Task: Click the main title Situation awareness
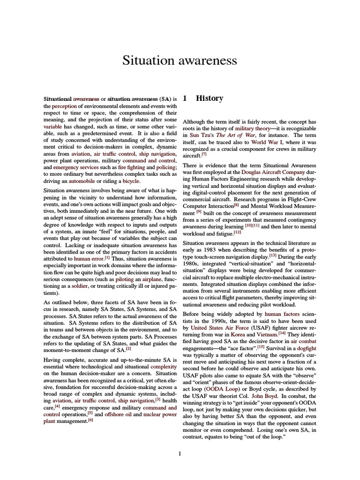180,60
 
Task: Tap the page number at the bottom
180,453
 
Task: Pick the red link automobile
82,180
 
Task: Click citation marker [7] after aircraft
204,154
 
